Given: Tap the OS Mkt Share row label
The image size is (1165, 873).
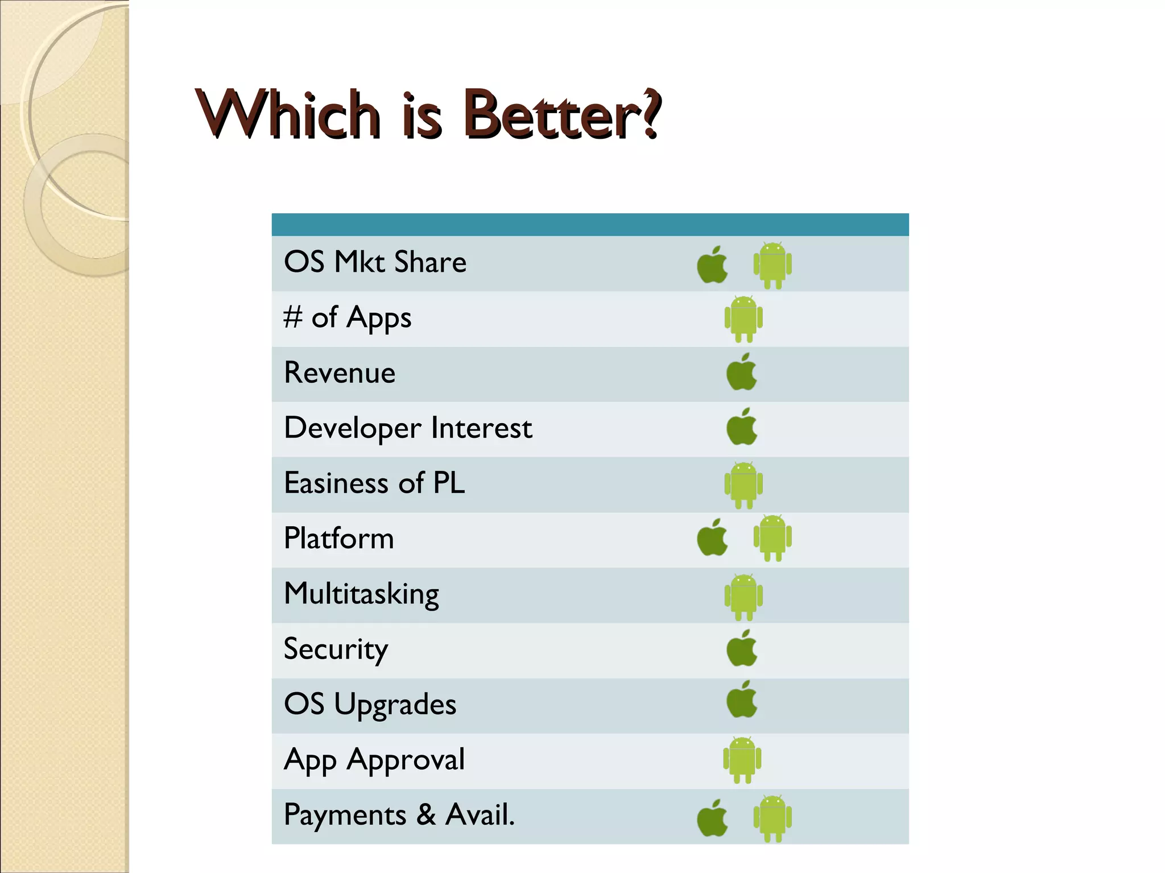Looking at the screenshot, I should point(375,262).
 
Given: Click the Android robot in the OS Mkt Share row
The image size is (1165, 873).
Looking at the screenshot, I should point(772,265).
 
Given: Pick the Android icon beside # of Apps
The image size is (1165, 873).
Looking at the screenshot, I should point(743,318).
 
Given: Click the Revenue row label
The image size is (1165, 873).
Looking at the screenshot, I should point(340,373).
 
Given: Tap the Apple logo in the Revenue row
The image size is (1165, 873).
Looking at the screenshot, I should point(742,373).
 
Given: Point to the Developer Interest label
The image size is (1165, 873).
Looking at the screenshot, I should point(408,428).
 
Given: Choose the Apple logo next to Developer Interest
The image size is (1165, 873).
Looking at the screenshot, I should point(742,427).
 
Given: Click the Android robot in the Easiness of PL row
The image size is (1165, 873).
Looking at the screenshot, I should point(743,485).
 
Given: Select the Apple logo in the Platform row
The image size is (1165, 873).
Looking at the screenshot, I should point(712,537).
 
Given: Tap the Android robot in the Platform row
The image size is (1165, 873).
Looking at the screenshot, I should point(772,537).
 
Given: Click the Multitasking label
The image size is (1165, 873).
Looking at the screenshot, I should point(361,594).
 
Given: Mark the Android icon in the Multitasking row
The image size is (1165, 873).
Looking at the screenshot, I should point(743,597).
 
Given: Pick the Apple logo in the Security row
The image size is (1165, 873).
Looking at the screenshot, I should point(742,648).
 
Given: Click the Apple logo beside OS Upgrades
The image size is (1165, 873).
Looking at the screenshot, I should point(742,700).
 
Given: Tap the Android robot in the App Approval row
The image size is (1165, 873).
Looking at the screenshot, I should point(742,759).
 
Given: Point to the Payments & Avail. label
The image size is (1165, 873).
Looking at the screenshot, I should point(399,814).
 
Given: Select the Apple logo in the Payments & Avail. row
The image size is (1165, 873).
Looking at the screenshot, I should point(712,818).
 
